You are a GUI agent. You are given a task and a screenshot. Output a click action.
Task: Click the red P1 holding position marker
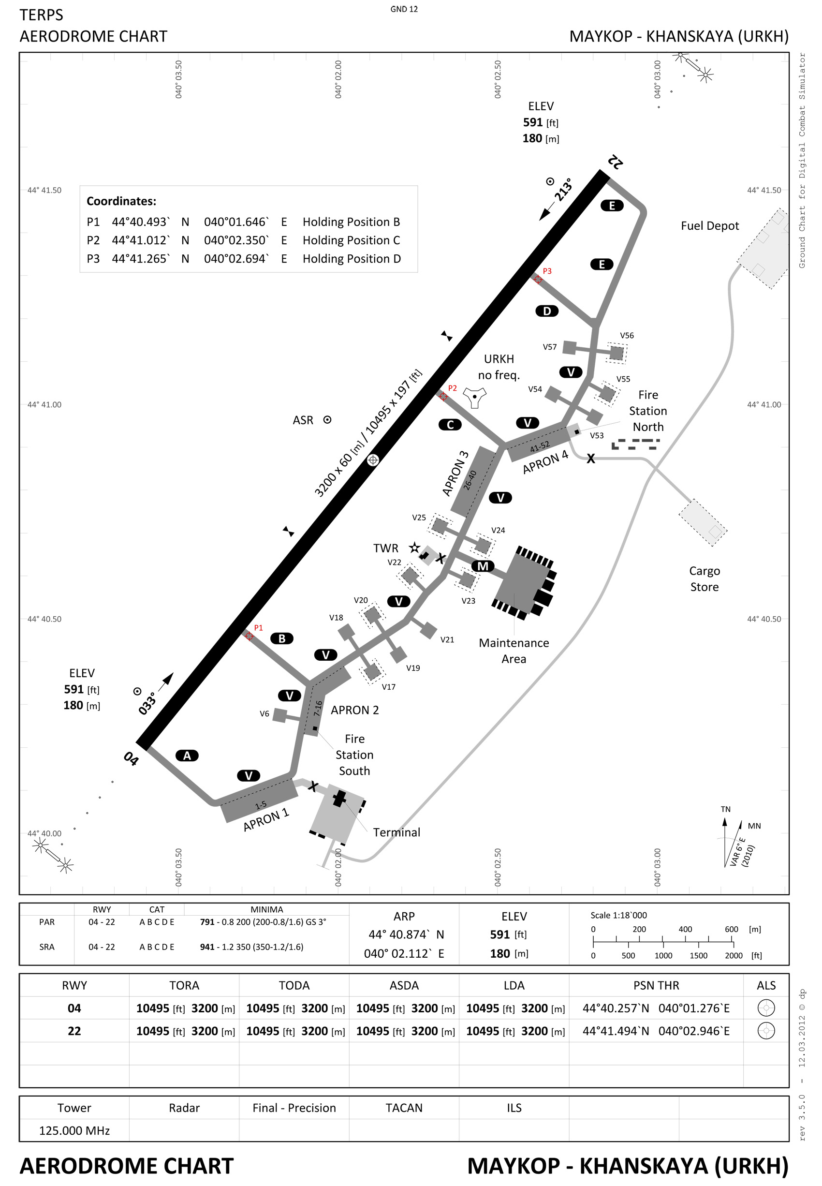[250, 636]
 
